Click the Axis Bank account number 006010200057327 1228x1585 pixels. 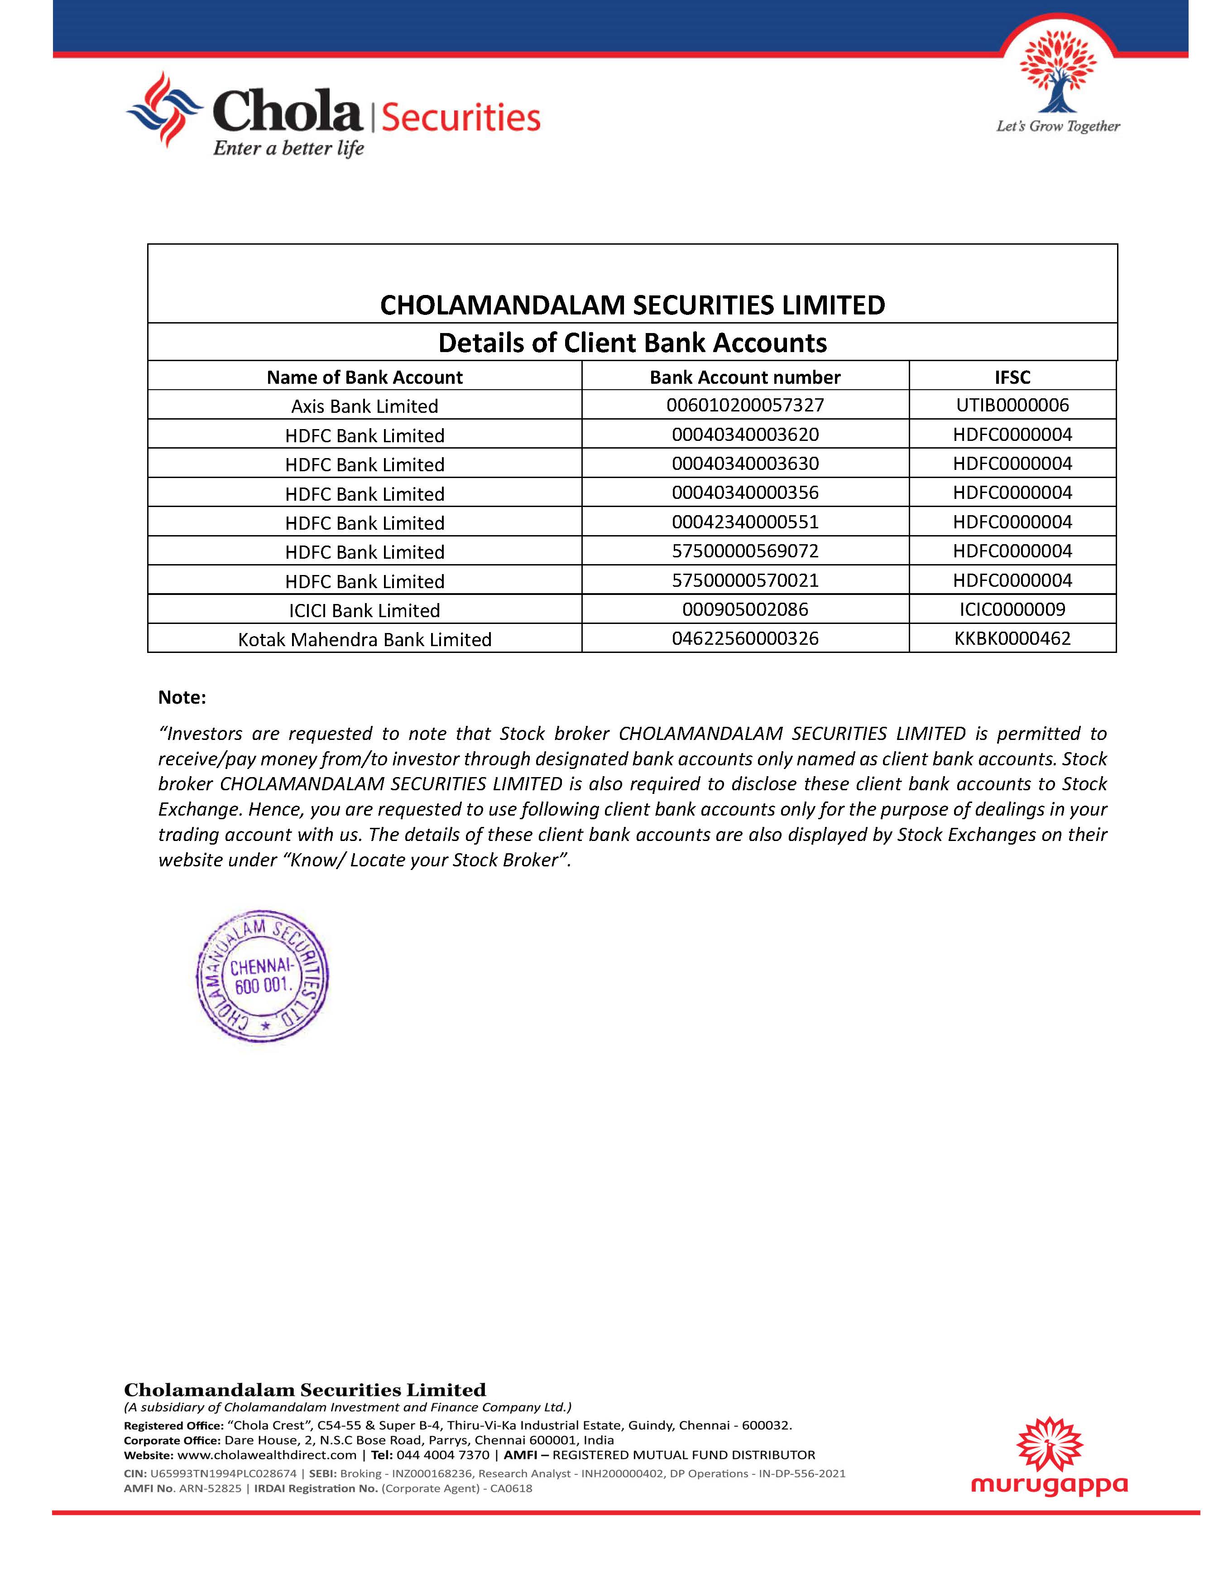[x=745, y=405]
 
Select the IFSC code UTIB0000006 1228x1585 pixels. [x=1012, y=405]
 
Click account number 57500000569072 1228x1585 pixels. [x=745, y=551]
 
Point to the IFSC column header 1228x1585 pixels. [x=1012, y=377]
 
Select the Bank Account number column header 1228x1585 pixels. [x=745, y=377]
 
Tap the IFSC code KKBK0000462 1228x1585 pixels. [x=1012, y=638]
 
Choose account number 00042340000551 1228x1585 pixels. [x=745, y=522]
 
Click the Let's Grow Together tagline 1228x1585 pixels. [x=1058, y=127]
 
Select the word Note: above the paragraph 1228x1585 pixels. [x=182, y=697]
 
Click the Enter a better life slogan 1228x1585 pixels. [x=288, y=149]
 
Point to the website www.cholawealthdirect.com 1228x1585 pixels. [x=266, y=1455]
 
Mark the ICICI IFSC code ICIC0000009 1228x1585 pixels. [x=1012, y=609]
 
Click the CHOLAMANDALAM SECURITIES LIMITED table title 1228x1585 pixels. [x=633, y=305]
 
